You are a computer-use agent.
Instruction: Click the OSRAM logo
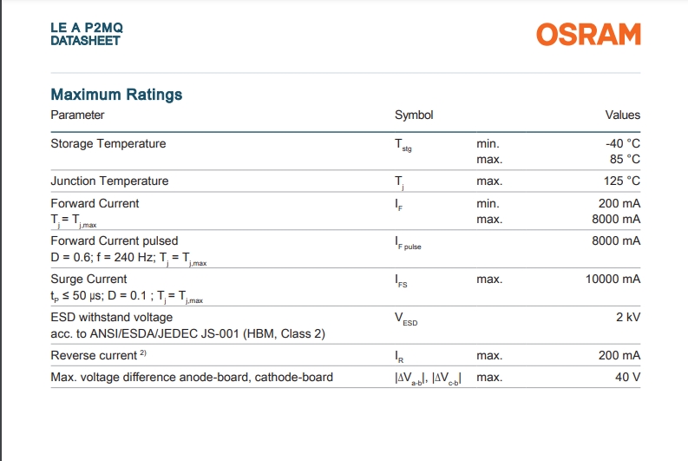pyautogui.click(x=588, y=34)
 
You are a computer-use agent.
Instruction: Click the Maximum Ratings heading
pyautogui.click(x=116, y=95)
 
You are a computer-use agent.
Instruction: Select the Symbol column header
pyautogui.click(x=414, y=115)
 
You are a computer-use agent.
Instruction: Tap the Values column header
pyautogui.click(x=623, y=115)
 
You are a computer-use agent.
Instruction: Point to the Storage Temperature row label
pyautogui.click(x=108, y=143)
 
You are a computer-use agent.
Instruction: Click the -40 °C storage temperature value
pyautogui.click(x=623, y=143)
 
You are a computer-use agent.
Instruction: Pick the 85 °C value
pyautogui.click(x=625, y=160)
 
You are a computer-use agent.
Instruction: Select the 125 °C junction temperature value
pyautogui.click(x=622, y=181)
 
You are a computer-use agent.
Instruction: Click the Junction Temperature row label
pyautogui.click(x=109, y=181)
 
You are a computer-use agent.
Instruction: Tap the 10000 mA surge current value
pyautogui.click(x=613, y=280)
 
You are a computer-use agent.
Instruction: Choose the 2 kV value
pyautogui.click(x=628, y=317)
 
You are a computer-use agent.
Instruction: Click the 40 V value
pyautogui.click(x=628, y=377)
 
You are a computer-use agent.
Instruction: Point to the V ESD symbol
pyautogui.click(x=406, y=319)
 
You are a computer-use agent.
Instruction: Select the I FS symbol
pyautogui.click(x=401, y=281)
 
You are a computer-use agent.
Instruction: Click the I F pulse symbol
pyautogui.click(x=408, y=243)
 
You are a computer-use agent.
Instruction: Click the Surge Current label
pyautogui.click(x=88, y=280)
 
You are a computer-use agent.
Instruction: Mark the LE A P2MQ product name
pyautogui.click(x=87, y=28)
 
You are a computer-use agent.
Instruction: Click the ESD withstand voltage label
pyautogui.click(x=111, y=317)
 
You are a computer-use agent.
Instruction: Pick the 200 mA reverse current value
pyautogui.click(x=619, y=355)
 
